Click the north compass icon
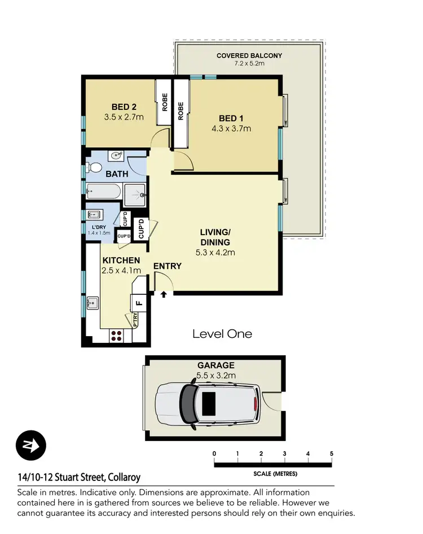click(30, 445)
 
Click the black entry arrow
click(164, 294)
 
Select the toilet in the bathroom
click(94, 167)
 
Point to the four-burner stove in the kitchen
click(117, 336)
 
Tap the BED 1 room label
click(235, 118)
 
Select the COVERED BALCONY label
click(249, 56)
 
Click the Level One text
click(222, 334)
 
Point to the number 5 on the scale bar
click(331, 454)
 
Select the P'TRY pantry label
click(135, 320)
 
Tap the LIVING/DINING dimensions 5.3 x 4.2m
click(215, 252)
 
